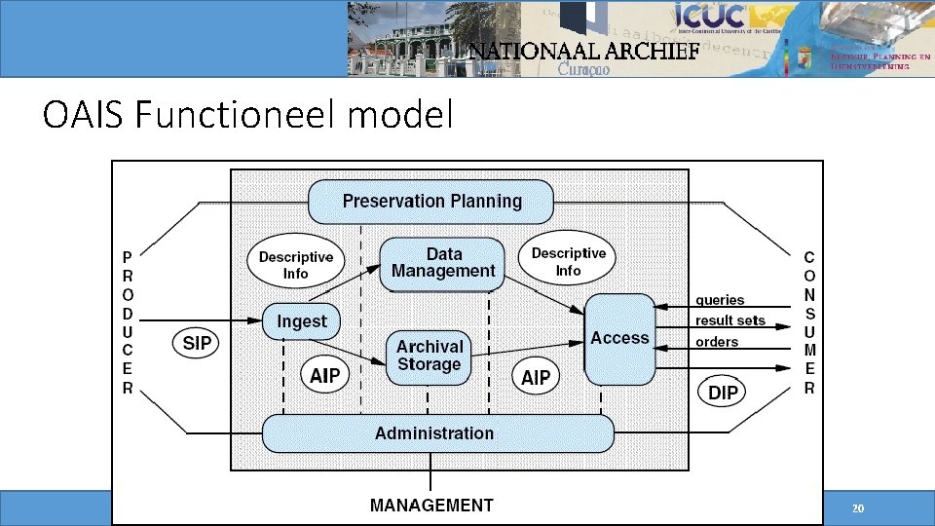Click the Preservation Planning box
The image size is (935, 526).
[431, 202]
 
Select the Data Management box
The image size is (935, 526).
[442, 263]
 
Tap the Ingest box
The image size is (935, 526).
[302, 321]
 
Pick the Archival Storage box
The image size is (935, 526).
[430, 356]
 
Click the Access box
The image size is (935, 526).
[619, 338]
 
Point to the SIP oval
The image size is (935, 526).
[197, 343]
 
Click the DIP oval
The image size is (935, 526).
[723, 393]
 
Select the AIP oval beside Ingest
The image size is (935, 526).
[324, 376]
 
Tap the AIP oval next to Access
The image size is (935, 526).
[536, 377]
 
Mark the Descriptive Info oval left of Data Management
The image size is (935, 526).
[295, 265]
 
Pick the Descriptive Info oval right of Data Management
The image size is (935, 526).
[569, 261]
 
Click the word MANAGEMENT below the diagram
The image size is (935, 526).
[431, 506]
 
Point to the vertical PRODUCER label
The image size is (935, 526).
[128, 322]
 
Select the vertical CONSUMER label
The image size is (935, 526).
[809, 322]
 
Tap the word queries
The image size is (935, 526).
[720, 300]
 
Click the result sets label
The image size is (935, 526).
[730, 320]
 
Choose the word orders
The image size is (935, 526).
[717, 342]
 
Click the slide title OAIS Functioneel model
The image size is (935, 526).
[248, 116]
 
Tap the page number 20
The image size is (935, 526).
[857, 509]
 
